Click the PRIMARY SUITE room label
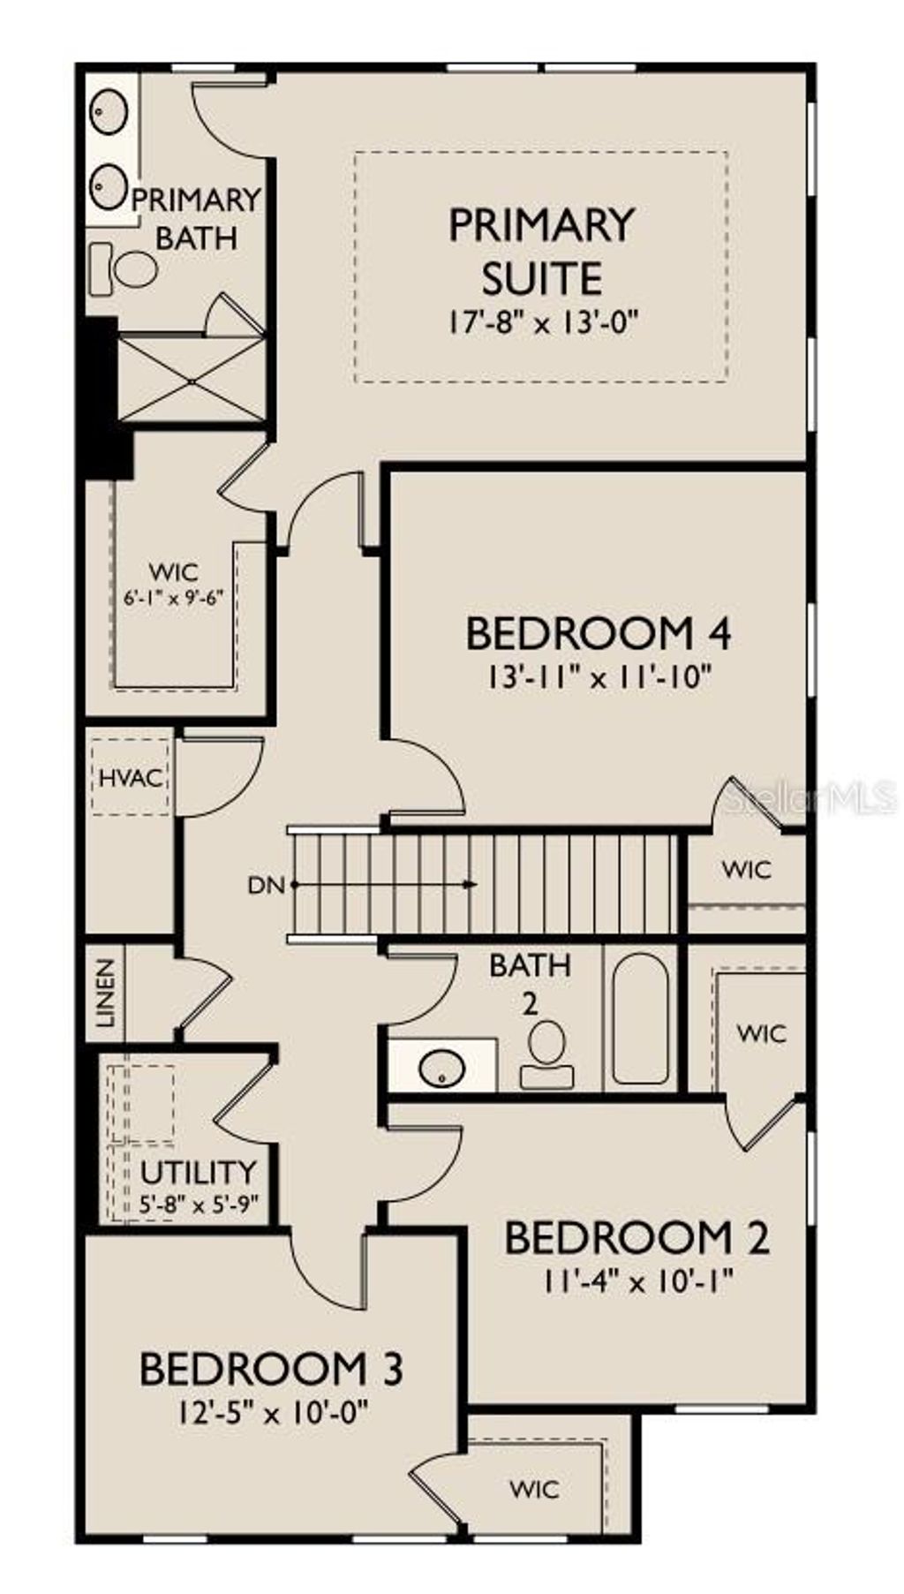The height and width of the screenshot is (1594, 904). [x=541, y=251]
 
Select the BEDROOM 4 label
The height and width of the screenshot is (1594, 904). [x=599, y=633]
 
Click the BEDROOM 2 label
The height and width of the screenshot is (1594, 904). [x=637, y=1237]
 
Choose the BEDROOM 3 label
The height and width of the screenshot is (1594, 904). [x=271, y=1369]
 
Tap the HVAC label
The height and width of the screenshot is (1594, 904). [x=131, y=779]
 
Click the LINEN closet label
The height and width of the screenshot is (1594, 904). [x=106, y=993]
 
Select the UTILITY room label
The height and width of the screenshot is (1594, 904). [x=199, y=1173]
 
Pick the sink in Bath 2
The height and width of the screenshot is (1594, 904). [x=441, y=1069]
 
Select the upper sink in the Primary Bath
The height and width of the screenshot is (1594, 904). [x=110, y=111]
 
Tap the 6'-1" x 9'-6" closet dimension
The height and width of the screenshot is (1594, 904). [x=174, y=595]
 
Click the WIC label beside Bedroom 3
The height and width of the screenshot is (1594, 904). [x=534, y=1490]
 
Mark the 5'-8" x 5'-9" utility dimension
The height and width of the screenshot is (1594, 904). [x=199, y=1203]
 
